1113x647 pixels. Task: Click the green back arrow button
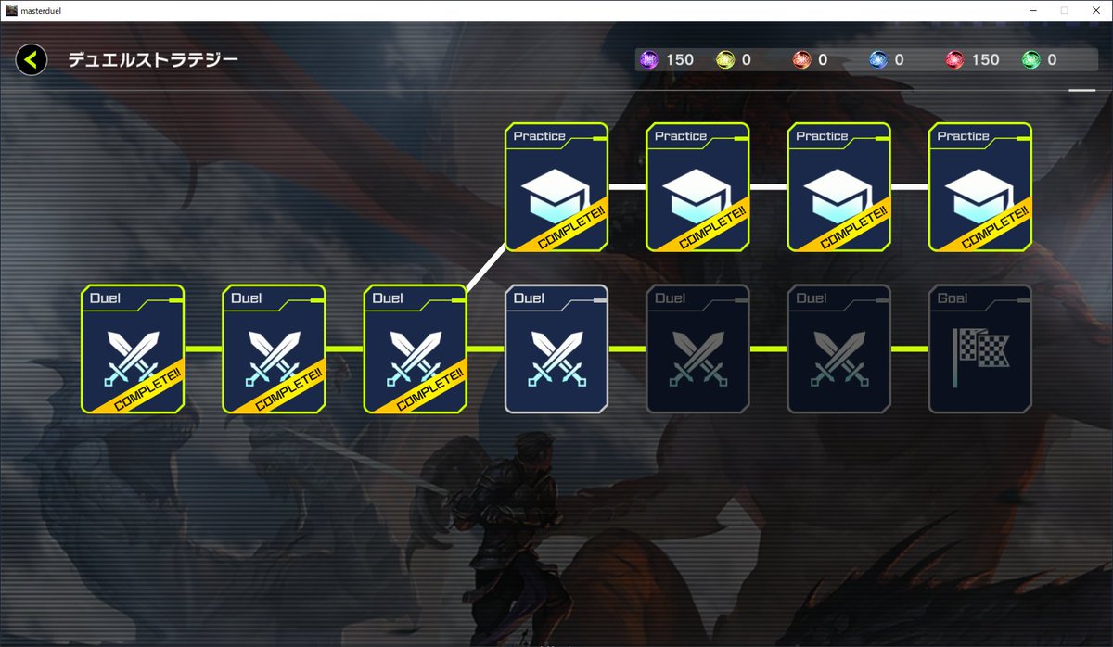point(31,60)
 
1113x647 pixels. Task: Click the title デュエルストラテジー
point(153,60)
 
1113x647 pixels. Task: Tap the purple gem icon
point(649,60)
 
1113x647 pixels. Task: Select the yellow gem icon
point(725,60)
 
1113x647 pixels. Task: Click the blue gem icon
point(878,60)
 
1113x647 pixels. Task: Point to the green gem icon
point(1030,60)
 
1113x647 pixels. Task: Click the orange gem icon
point(802,60)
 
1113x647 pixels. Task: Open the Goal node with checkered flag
point(979,349)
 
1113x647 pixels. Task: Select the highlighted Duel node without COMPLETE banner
point(556,349)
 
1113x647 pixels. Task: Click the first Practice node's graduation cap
point(556,196)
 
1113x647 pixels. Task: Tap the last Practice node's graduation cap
point(979,196)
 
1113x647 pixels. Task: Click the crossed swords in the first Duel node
point(133,357)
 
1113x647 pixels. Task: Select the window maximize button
point(1064,10)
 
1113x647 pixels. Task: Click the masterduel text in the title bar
point(45,10)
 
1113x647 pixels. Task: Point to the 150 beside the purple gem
point(680,60)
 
